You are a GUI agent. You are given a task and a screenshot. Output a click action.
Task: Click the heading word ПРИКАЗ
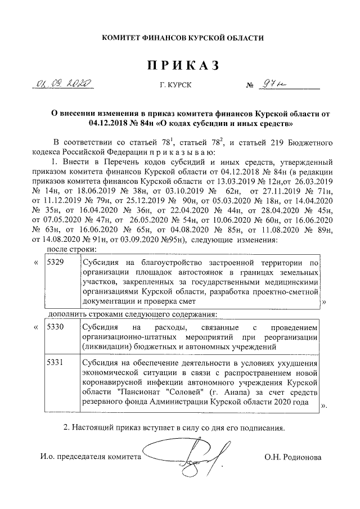(x=182, y=66)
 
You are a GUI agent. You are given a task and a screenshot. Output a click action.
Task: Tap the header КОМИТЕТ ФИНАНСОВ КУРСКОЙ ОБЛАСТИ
(x=182, y=38)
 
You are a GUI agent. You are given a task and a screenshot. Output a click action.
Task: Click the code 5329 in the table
(x=56, y=263)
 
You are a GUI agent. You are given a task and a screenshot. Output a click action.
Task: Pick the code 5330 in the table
(x=56, y=327)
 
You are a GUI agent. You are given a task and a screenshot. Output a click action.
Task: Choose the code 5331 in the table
(x=56, y=363)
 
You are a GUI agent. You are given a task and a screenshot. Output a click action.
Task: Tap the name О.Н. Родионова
(x=293, y=457)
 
